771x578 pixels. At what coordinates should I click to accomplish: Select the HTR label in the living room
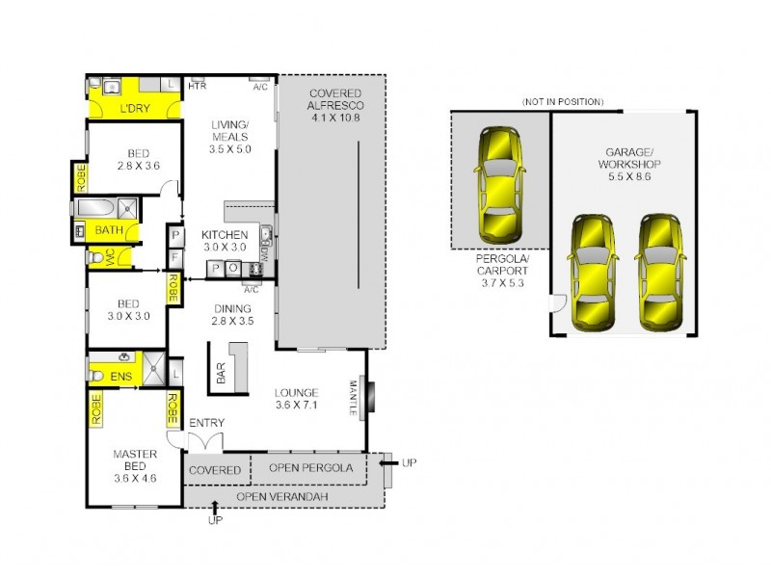pyautogui.click(x=197, y=87)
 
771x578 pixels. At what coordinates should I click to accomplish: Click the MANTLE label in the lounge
pyautogui.click(x=354, y=398)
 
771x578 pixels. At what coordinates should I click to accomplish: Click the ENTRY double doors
pyautogui.click(x=204, y=440)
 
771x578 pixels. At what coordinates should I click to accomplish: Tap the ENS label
pyautogui.click(x=120, y=375)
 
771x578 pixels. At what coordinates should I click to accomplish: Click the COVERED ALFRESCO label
pyautogui.click(x=333, y=105)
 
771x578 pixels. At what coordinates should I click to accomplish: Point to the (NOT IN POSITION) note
pyautogui.click(x=562, y=101)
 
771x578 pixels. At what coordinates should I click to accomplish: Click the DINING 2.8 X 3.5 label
pyautogui.click(x=232, y=315)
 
